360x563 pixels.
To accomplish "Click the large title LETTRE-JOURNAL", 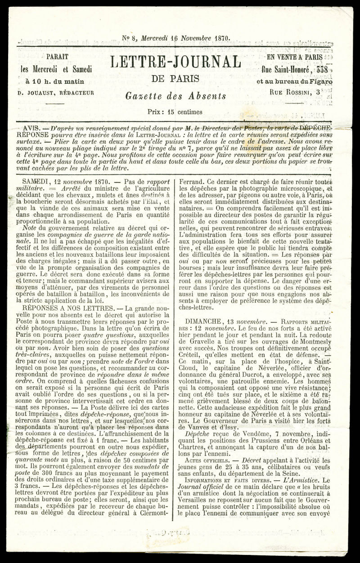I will pyautogui.click(x=175, y=62).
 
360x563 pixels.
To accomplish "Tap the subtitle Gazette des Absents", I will pyautogui.click(x=175, y=95).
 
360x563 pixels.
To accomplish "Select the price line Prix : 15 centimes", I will pyautogui.click(x=175, y=112).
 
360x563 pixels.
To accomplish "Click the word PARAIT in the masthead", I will pyautogui.click(x=57, y=57).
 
